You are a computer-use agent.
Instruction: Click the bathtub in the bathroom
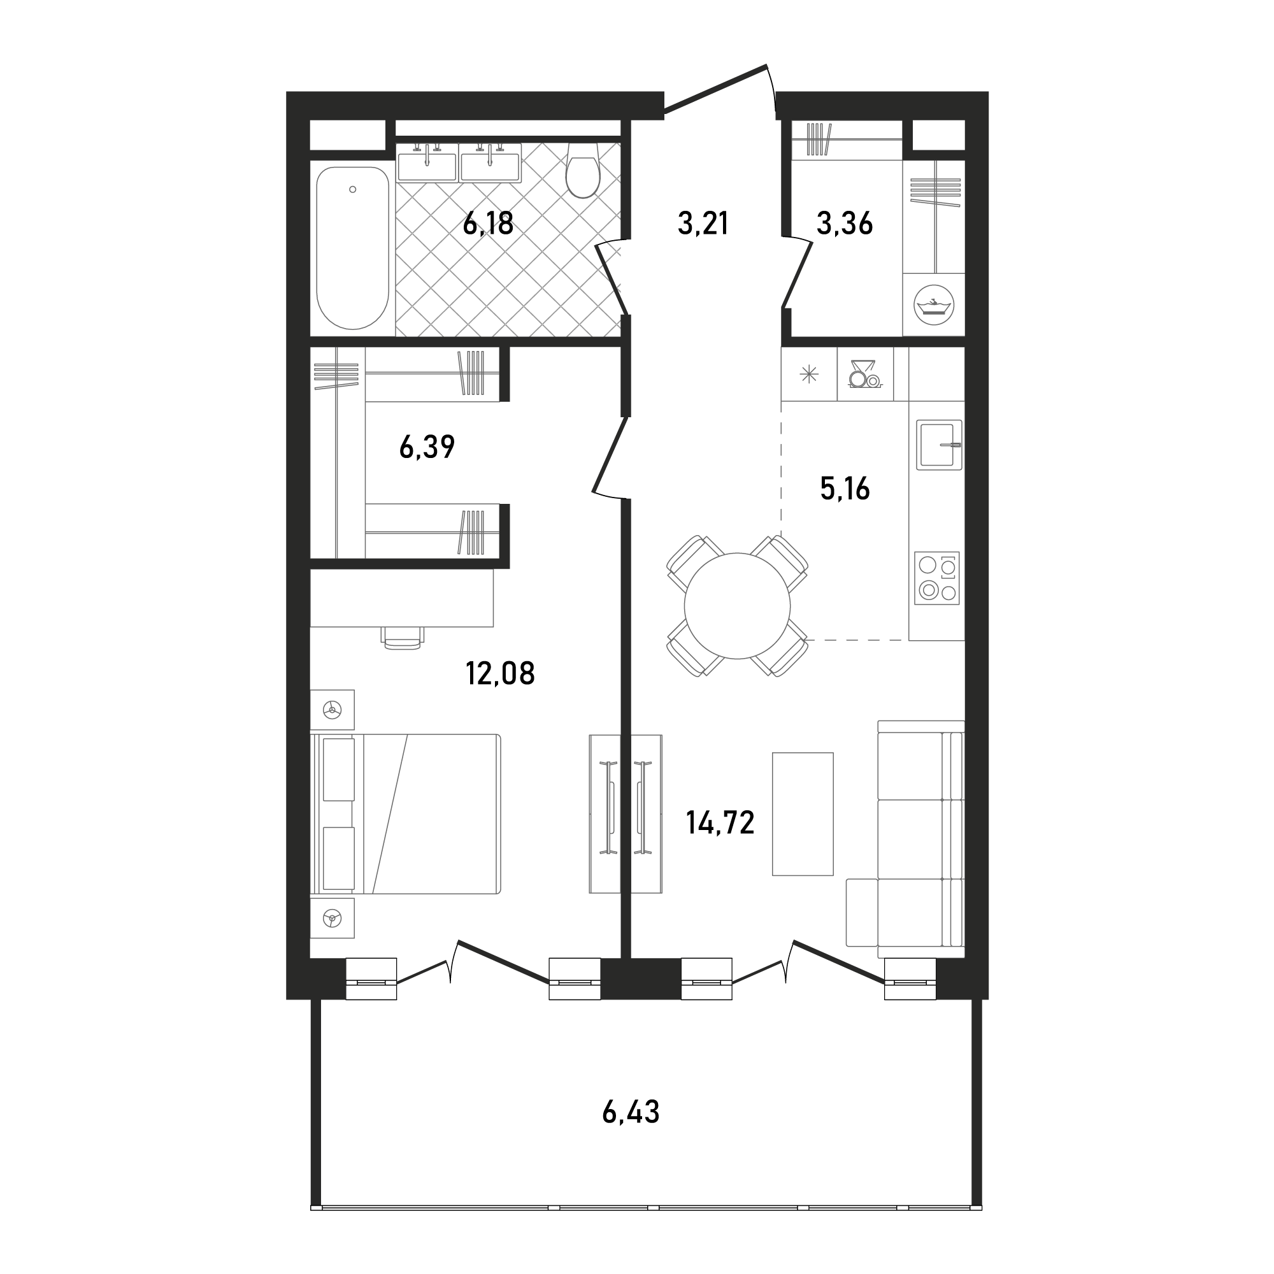[353, 247]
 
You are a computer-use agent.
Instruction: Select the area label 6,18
[488, 224]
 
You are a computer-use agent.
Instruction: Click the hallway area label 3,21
[703, 224]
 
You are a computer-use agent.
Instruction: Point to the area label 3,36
[845, 224]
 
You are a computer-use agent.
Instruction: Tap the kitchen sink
[939, 445]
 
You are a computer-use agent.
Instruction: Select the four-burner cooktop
[937, 578]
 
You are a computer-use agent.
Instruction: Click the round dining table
[737, 606]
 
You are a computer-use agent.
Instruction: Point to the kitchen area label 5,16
[845, 489]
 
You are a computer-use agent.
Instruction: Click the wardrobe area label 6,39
[427, 447]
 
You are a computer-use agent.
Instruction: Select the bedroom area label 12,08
[501, 674]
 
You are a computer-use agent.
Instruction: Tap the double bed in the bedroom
[406, 814]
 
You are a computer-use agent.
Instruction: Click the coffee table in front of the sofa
[803, 814]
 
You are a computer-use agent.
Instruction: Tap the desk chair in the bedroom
[402, 638]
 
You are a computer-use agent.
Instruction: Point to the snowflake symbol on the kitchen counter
[809, 375]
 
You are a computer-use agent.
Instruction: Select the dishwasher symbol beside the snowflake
[864, 374]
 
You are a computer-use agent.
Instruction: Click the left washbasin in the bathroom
[427, 162]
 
